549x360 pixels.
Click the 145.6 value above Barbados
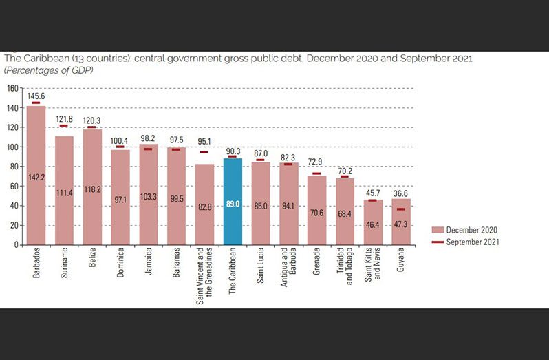coord(36,96)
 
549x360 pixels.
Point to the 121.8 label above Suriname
coord(64,119)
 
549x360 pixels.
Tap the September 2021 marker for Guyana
coord(400,209)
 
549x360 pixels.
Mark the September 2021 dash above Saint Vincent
coord(204,152)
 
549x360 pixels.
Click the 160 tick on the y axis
coord(13,88)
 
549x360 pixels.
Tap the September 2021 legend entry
coord(471,242)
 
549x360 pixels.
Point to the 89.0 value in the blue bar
coord(233,204)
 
